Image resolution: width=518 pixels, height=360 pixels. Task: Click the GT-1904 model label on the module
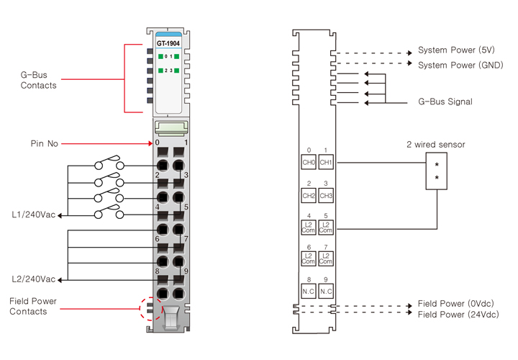168,42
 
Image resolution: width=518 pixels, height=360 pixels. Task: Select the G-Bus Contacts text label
39,79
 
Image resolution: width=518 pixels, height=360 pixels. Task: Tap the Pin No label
44,143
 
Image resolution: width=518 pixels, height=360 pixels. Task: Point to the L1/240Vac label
33,215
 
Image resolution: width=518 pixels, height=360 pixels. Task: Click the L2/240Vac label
33,279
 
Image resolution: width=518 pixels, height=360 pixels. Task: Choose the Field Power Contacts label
33,306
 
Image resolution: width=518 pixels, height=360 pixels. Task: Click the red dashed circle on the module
150,309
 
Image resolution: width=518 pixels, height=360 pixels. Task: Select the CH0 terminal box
309,162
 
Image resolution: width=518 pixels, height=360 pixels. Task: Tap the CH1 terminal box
326,162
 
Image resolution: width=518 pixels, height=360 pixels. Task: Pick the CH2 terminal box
309,195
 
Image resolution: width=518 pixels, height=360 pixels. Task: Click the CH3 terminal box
326,195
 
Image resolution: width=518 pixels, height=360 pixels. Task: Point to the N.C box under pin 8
309,291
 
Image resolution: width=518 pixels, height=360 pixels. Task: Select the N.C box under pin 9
326,291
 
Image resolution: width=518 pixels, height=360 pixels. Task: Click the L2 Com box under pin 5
326,228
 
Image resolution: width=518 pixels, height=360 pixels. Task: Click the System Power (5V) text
456,51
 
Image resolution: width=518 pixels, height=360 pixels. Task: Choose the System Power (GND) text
460,65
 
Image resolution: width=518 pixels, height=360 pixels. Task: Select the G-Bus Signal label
445,102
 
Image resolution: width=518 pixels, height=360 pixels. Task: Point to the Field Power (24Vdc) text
458,315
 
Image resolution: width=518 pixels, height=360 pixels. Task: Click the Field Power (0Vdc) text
456,304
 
